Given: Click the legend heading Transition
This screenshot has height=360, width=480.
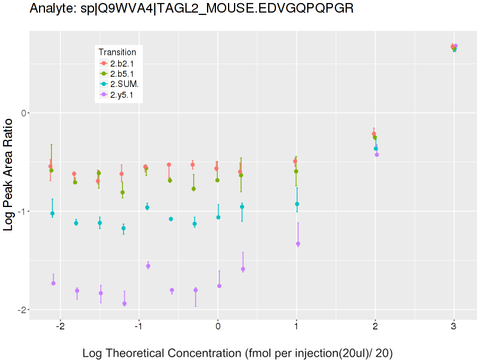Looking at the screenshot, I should [x=121, y=52].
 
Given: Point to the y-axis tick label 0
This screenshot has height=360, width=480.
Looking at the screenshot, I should [x=23, y=113].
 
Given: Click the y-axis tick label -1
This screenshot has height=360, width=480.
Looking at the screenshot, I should [x=22, y=211].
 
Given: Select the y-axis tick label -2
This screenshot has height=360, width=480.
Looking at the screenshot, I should [x=22, y=310].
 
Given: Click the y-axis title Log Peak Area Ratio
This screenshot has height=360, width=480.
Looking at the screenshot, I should [x=10, y=174].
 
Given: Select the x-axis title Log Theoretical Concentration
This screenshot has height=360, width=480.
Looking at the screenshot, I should [x=237, y=352].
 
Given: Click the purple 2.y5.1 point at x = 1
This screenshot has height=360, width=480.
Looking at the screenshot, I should [x=298, y=244].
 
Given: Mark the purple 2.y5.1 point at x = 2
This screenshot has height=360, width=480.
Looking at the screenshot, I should [x=377, y=154].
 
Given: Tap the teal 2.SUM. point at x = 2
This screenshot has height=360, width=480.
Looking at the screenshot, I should [x=376, y=148].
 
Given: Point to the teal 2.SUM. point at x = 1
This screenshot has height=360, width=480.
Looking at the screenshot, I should [x=297, y=204].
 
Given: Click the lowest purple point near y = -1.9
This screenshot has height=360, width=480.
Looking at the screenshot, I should [x=124, y=304].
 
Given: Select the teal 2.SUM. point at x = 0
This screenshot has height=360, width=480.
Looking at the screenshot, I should [x=218, y=217].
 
